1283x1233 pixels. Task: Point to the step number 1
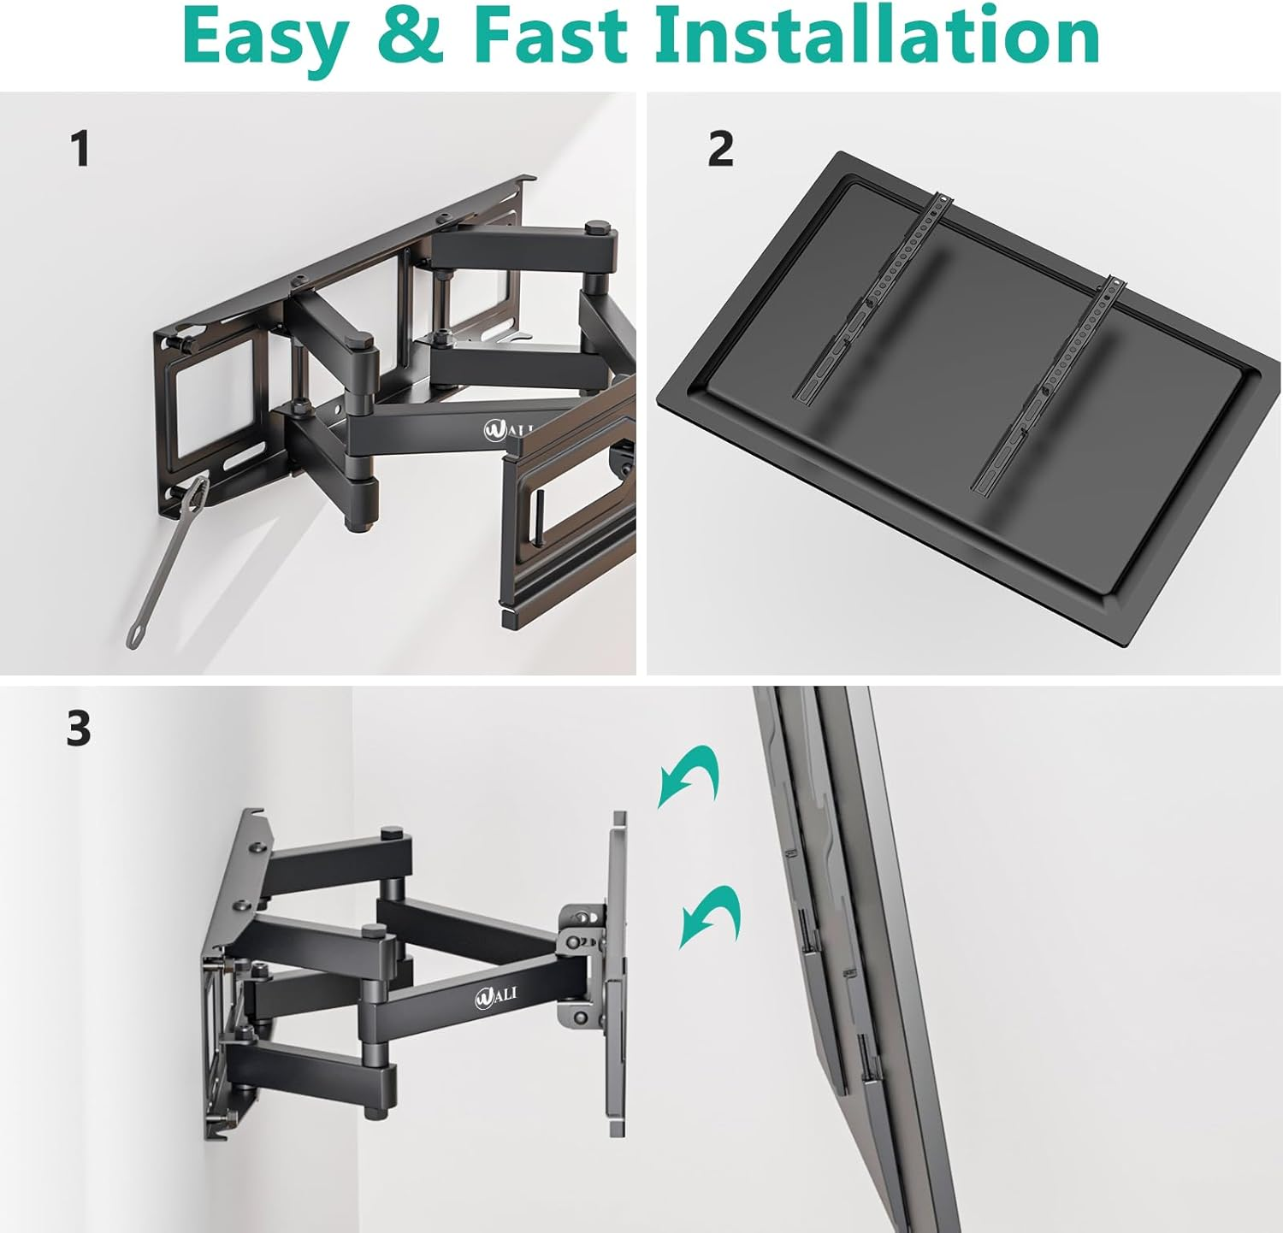click(80, 149)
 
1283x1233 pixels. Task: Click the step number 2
click(720, 149)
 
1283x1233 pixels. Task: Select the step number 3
click(79, 729)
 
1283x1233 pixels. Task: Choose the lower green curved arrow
click(710, 915)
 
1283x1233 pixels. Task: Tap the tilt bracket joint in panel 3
click(582, 941)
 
